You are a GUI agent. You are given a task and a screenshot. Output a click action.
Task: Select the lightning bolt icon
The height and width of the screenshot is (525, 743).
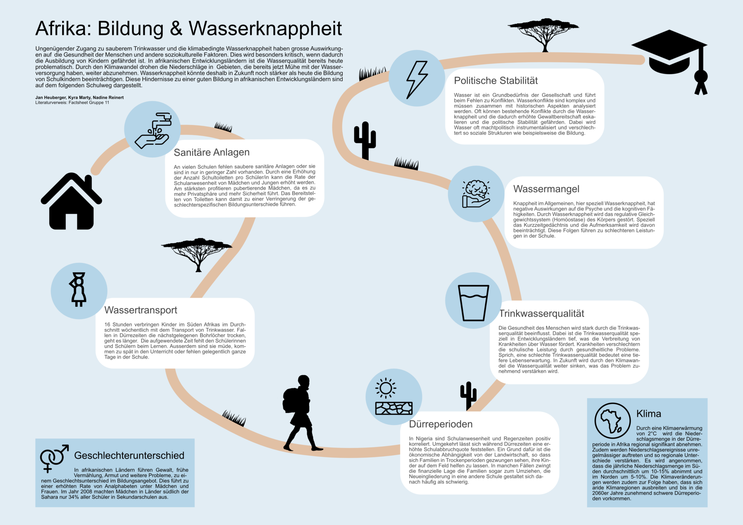click(417, 80)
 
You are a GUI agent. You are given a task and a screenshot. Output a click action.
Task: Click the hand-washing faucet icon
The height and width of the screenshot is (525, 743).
click(153, 131)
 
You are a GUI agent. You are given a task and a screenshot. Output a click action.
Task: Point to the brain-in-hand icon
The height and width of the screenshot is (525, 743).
click(476, 194)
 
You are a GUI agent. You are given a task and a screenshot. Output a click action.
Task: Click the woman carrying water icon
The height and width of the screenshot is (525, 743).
click(78, 290)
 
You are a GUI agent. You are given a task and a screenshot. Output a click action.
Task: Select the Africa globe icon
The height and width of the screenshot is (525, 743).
click(612, 421)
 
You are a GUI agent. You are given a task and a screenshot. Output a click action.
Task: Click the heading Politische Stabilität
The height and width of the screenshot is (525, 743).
click(496, 80)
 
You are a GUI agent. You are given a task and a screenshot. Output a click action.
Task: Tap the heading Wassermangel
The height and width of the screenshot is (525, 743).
click(546, 189)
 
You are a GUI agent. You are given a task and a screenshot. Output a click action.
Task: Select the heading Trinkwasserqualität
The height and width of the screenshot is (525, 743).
click(542, 313)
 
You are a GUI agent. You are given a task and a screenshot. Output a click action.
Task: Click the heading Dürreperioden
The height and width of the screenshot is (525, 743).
click(441, 424)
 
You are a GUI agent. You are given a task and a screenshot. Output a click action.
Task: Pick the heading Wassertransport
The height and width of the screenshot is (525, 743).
click(141, 310)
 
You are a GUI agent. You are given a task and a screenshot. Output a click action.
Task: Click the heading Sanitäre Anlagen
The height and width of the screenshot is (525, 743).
click(212, 152)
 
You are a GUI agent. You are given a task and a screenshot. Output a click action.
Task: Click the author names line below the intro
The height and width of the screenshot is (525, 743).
click(79, 98)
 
